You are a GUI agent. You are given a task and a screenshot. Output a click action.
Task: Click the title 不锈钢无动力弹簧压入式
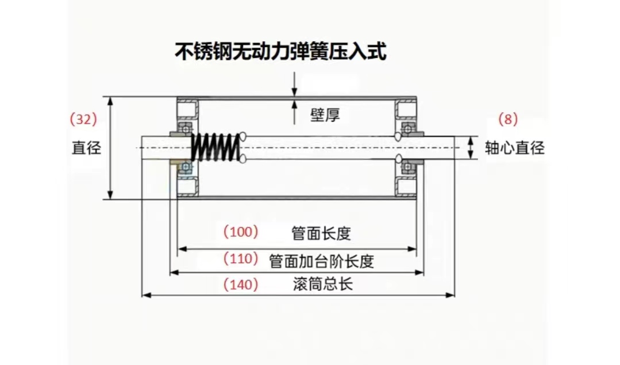point(281,52)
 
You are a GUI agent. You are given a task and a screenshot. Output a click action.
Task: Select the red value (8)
point(508,120)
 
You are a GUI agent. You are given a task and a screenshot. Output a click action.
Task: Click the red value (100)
point(241,232)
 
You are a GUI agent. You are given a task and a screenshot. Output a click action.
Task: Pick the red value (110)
point(241,259)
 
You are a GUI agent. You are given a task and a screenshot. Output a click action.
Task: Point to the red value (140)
point(241,284)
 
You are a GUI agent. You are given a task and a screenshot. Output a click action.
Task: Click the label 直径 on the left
point(86,148)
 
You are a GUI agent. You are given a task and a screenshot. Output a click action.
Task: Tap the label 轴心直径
point(515,148)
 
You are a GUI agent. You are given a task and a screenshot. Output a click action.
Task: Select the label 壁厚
point(325,115)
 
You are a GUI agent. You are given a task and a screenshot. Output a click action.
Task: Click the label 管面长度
point(321,233)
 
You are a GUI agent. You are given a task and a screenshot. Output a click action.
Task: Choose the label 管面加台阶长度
point(322,262)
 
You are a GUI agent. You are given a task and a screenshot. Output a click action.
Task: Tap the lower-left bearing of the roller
point(185,167)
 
